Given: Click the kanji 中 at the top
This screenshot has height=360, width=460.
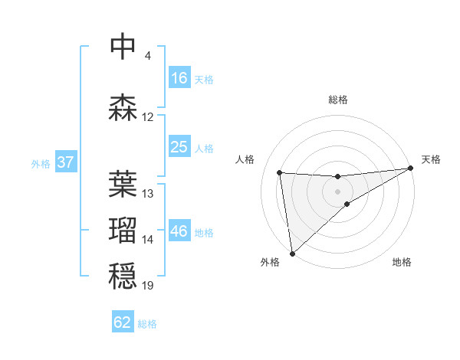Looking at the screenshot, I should click(123, 47).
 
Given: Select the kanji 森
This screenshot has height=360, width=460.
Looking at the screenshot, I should click(123, 107).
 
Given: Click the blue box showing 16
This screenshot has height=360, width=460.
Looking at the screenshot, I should click(179, 78).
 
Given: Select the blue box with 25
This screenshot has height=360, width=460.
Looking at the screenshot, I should click(179, 147).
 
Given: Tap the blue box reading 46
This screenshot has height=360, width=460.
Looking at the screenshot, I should click(179, 231).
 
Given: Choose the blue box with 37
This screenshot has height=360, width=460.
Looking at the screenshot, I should click(65, 162).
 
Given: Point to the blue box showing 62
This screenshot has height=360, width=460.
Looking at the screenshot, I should click(123, 322).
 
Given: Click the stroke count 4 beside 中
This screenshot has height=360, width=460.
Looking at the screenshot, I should click(147, 56).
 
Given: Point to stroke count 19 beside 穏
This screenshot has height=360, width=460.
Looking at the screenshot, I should click(148, 286).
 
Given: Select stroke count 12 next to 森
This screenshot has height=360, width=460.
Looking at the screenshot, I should click(148, 117).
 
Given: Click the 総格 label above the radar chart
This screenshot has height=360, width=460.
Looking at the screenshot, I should click(338, 100).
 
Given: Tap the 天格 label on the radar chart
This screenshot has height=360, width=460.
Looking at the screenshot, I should click(431, 159).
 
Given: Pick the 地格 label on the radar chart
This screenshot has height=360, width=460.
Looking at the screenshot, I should click(402, 262).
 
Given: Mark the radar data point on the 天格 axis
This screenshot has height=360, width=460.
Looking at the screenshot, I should click(411, 169).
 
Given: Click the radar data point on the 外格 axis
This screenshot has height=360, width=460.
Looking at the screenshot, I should click(292, 253).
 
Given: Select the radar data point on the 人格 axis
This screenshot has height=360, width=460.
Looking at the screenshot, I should click(280, 172).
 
